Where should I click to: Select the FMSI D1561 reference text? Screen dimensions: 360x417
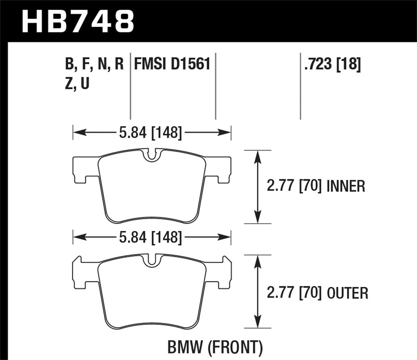tap(172, 64)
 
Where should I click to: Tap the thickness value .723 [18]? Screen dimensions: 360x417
tap(332, 64)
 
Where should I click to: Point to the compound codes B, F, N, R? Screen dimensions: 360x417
tap(94, 64)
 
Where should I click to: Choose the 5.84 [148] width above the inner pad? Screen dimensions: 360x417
tap(150, 132)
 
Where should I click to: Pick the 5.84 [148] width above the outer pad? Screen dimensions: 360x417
tap(150, 237)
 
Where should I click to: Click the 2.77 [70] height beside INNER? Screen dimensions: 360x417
tap(294, 186)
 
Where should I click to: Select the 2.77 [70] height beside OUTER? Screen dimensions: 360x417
tap(294, 293)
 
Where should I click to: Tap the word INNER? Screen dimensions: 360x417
tap(346, 186)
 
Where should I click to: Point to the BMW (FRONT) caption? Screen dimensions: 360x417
tap(215, 347)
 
